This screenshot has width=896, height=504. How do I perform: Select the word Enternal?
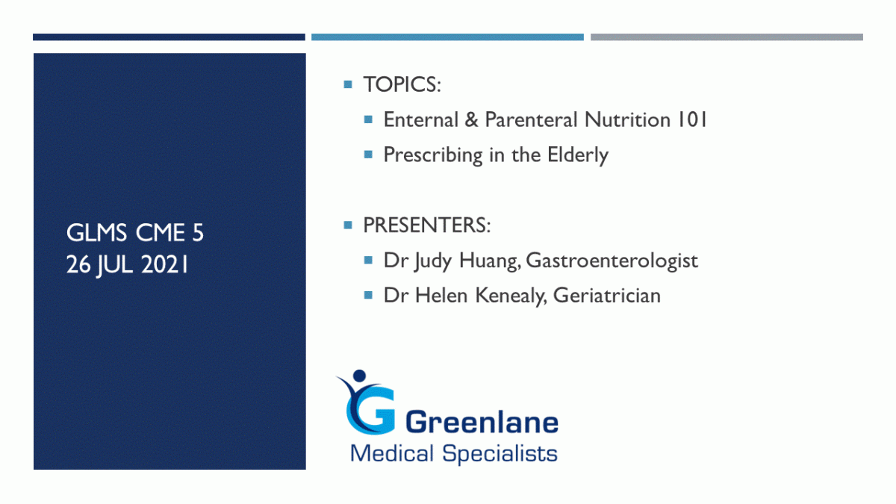click(421, 119)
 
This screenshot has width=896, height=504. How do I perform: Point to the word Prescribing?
click(433, 155)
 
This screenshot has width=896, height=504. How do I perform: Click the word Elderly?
click(578, 155)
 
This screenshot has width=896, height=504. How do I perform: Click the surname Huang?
click(490, 261)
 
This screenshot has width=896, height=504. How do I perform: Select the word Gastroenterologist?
click(612, 261)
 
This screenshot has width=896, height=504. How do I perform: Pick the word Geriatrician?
click(607, 296)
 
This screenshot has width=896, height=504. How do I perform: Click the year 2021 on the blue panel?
click(164, 265)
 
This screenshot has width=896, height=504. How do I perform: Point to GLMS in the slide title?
click(96, 233)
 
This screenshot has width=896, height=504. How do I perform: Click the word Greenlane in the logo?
click(482, 423)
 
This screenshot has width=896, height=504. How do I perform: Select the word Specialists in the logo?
click(500, 454)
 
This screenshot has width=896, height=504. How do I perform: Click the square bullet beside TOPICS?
click(348, 84)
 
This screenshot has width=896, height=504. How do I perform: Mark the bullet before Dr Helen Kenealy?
click(368, 296)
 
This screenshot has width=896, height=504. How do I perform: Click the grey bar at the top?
click(727, 37)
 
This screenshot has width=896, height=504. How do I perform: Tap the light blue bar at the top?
click(447, 37)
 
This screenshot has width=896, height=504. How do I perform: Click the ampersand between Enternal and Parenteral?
click(472, 120)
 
